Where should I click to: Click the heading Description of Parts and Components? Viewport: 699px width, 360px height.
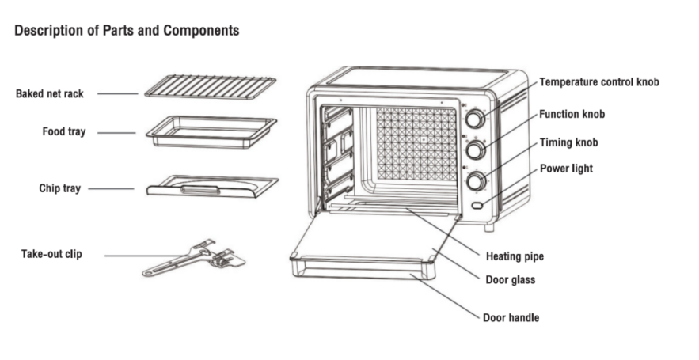pos(127,31)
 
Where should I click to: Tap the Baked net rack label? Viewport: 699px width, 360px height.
pos(49,93)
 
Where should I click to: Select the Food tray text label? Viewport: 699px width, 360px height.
pos(64,131)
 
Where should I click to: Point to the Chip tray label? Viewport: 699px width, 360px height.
pos(60,188)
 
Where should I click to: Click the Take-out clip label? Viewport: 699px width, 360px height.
pos(51,254)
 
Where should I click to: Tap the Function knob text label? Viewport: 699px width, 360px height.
pos(572,115)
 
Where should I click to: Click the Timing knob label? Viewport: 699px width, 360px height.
pos(568,142)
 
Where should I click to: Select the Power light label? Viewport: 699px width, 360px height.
pos(566,169)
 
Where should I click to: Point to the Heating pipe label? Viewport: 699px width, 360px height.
pos(515,256)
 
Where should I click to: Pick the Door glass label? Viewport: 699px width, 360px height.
pos(510,279)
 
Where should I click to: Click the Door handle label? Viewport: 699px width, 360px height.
pos(511,317)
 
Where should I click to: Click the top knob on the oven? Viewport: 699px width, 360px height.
pos(475,119)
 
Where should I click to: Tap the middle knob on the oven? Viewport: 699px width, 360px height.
pos(475,150)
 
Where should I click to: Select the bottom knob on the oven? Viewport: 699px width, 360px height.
pos(475,181)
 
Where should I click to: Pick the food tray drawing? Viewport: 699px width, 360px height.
pos(213,131)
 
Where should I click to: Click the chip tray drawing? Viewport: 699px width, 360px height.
pos(212,187)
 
